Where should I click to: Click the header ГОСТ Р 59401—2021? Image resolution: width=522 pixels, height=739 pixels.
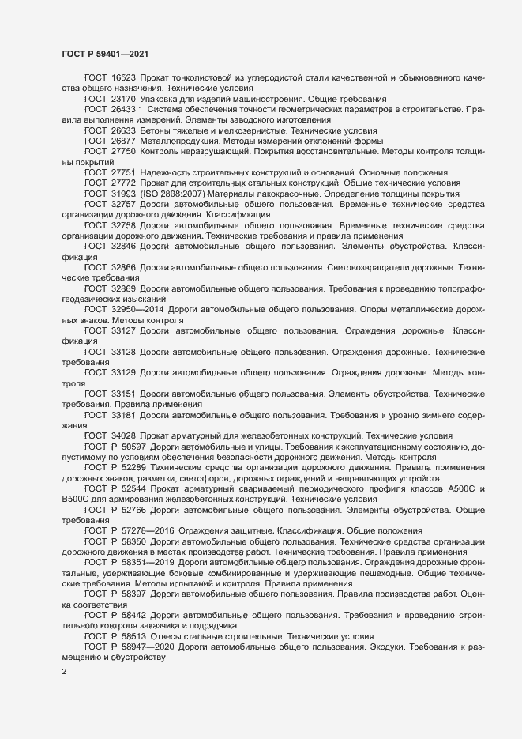point(103,55)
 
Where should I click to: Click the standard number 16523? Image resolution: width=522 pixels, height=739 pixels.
point(124,78)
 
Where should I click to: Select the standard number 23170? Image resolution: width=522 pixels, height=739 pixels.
point(124,99)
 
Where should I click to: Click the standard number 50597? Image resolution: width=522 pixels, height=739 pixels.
point(133,447)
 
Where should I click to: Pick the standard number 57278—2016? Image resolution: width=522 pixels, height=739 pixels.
point(147,530)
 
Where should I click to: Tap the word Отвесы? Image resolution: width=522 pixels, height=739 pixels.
point(163,634)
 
